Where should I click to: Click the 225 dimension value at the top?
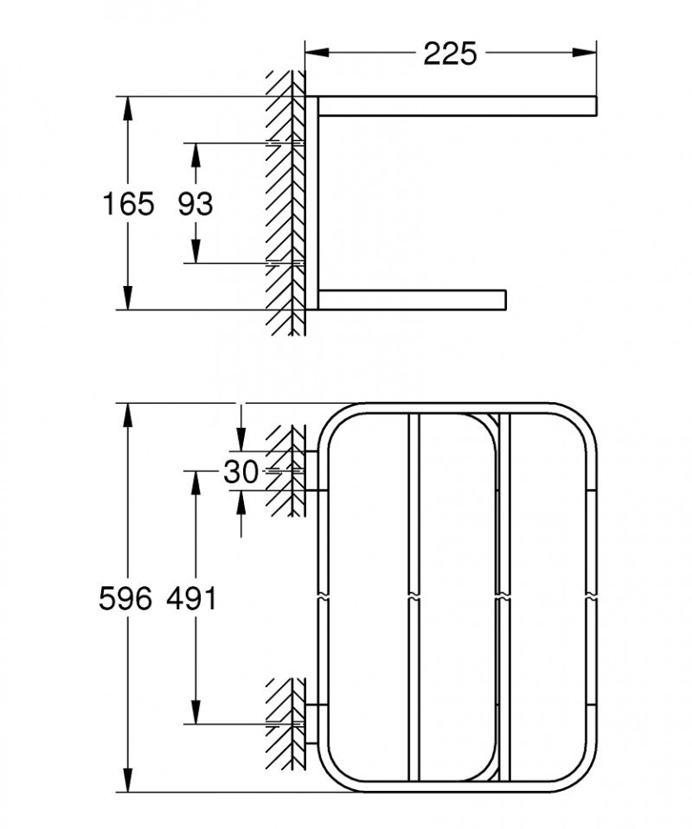click(x=450, y=54)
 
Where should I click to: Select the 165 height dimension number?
click(x=128, y=204)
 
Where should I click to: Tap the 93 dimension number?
click(x=195, y=204)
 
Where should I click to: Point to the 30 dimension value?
click(x=240, y=472)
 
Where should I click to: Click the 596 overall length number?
click(x=126, y=598)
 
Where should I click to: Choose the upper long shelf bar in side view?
click(x=458, y=105)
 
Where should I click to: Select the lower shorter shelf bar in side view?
click(x=412, y=299)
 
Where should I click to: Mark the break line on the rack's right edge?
click(x=590, y=596)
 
